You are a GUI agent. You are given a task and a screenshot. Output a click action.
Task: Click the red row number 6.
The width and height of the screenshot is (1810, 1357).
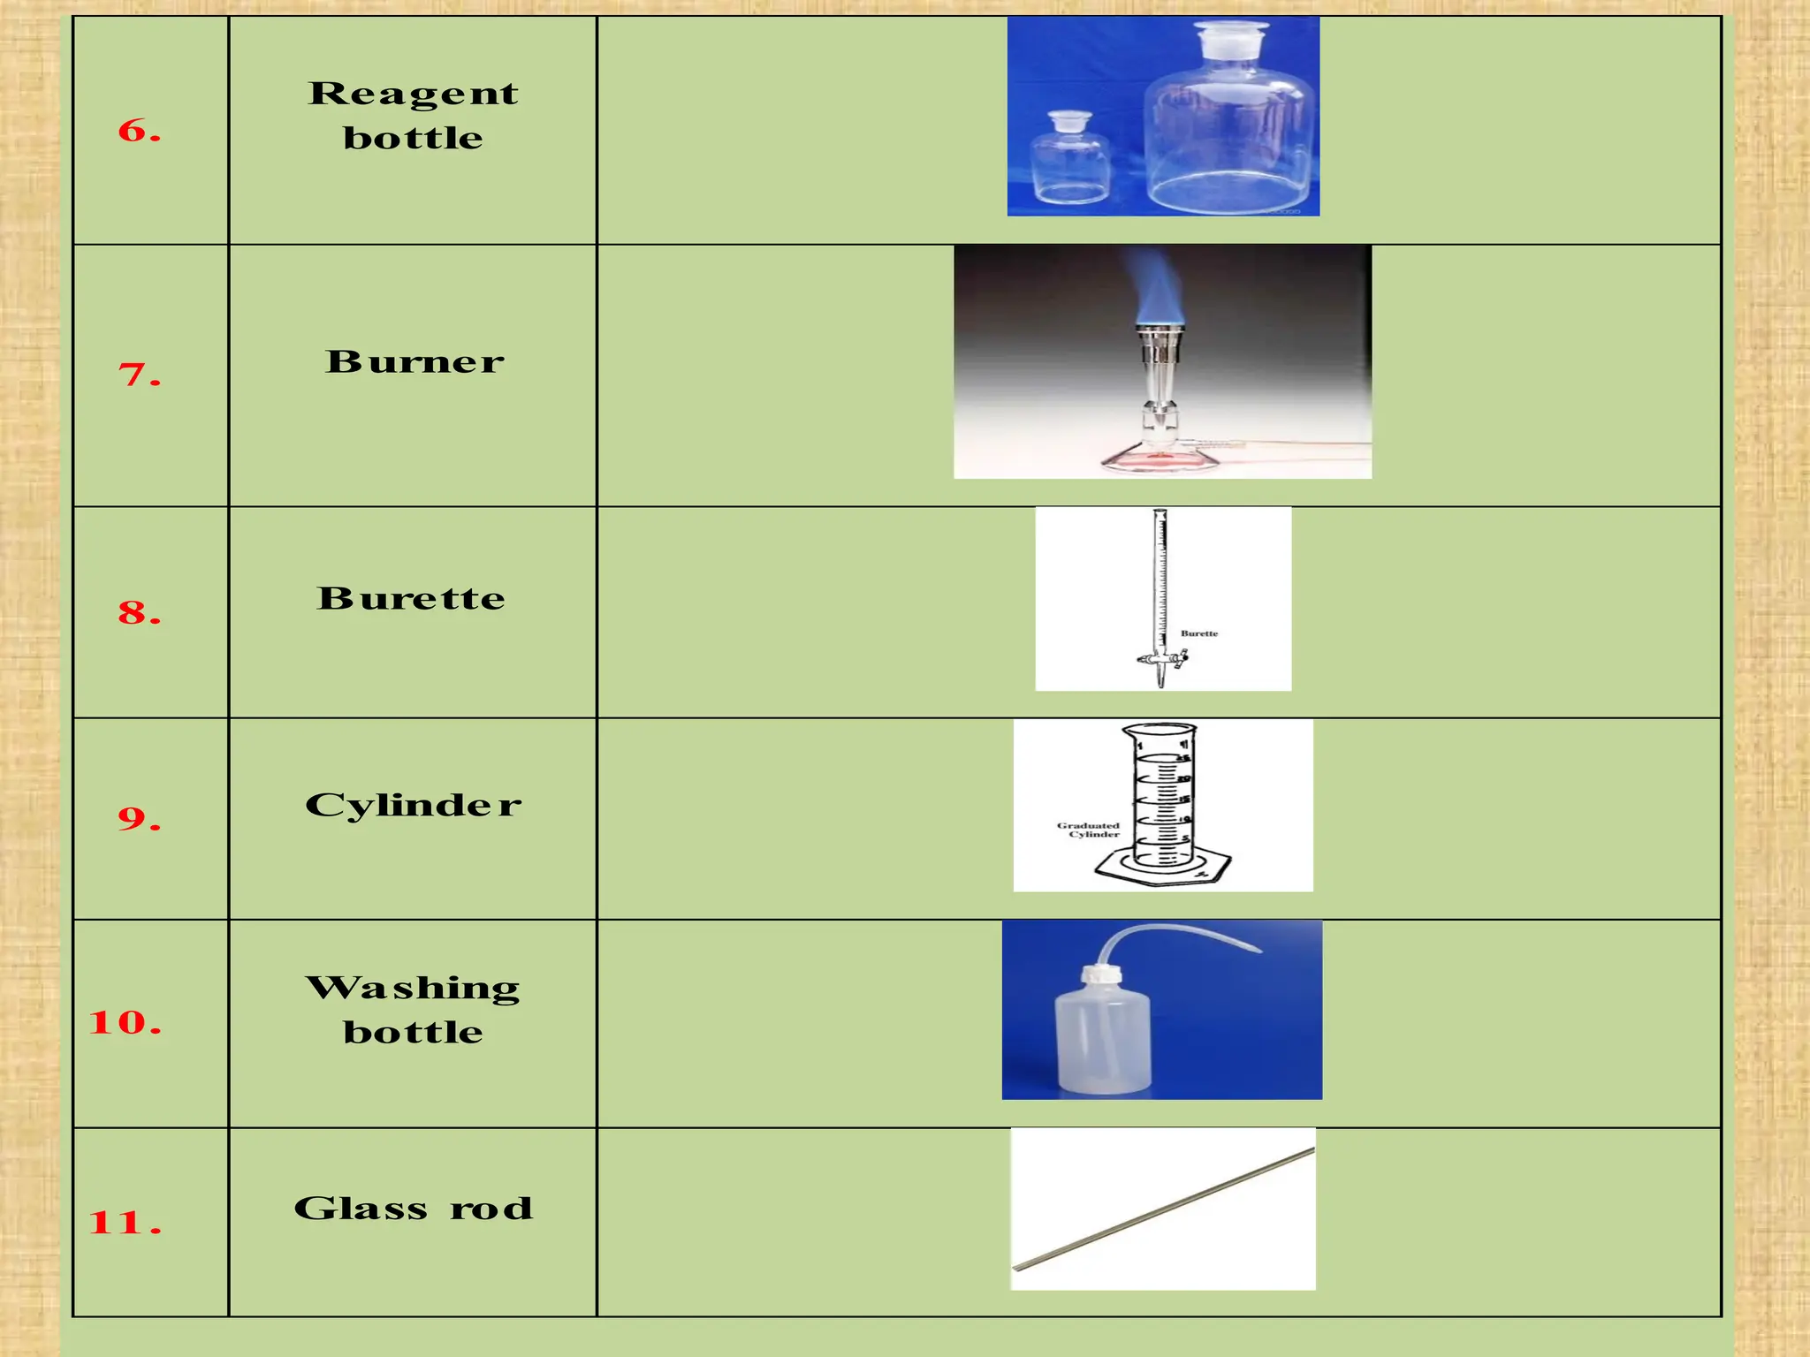139,131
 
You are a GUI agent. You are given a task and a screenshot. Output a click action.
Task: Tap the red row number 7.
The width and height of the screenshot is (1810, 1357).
139,375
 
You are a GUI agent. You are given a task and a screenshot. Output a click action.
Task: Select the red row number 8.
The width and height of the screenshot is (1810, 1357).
139,612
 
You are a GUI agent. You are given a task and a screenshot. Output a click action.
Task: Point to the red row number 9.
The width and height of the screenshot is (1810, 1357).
139,818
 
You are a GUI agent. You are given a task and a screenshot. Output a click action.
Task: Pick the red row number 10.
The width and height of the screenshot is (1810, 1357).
125,1022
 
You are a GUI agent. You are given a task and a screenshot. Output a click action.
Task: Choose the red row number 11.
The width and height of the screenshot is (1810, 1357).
125,1223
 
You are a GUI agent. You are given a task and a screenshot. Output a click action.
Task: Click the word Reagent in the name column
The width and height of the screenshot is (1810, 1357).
413,94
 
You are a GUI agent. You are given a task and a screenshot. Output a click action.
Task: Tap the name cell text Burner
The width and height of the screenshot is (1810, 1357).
414,361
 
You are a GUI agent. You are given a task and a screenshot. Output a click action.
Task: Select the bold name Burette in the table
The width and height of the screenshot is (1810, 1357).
411,598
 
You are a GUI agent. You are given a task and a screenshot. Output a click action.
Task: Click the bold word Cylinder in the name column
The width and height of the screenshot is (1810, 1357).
413,805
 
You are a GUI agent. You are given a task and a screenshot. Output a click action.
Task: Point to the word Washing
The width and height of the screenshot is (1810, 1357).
413,988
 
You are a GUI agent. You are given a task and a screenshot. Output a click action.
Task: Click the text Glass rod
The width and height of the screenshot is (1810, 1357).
413,1208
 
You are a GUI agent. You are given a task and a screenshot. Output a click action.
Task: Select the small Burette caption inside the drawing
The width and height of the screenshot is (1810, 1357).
1198,633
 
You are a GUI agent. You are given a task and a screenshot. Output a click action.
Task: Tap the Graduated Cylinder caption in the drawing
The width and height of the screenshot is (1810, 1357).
1089,830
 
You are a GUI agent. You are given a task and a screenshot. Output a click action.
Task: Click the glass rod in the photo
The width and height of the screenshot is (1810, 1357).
1163,1209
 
